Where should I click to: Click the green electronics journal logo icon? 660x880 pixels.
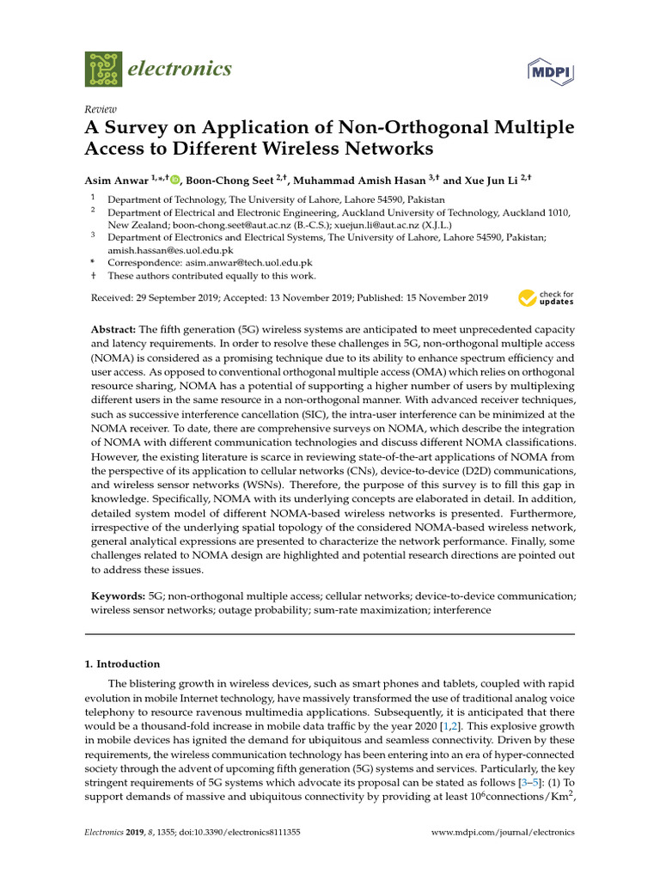[104, 68]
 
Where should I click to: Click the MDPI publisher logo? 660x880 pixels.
[550, 71]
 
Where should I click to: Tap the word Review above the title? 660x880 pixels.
[101, 109]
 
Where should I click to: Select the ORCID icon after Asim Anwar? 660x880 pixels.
[175, 180]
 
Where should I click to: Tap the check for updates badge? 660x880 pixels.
[546, 298]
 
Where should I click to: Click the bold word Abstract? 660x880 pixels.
[113, 330]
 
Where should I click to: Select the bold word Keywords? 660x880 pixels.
[118, 596]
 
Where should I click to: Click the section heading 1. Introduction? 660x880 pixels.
[125, 663]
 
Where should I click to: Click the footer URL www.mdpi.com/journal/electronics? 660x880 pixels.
[503, 833]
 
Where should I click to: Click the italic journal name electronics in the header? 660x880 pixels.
[180, 69]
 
